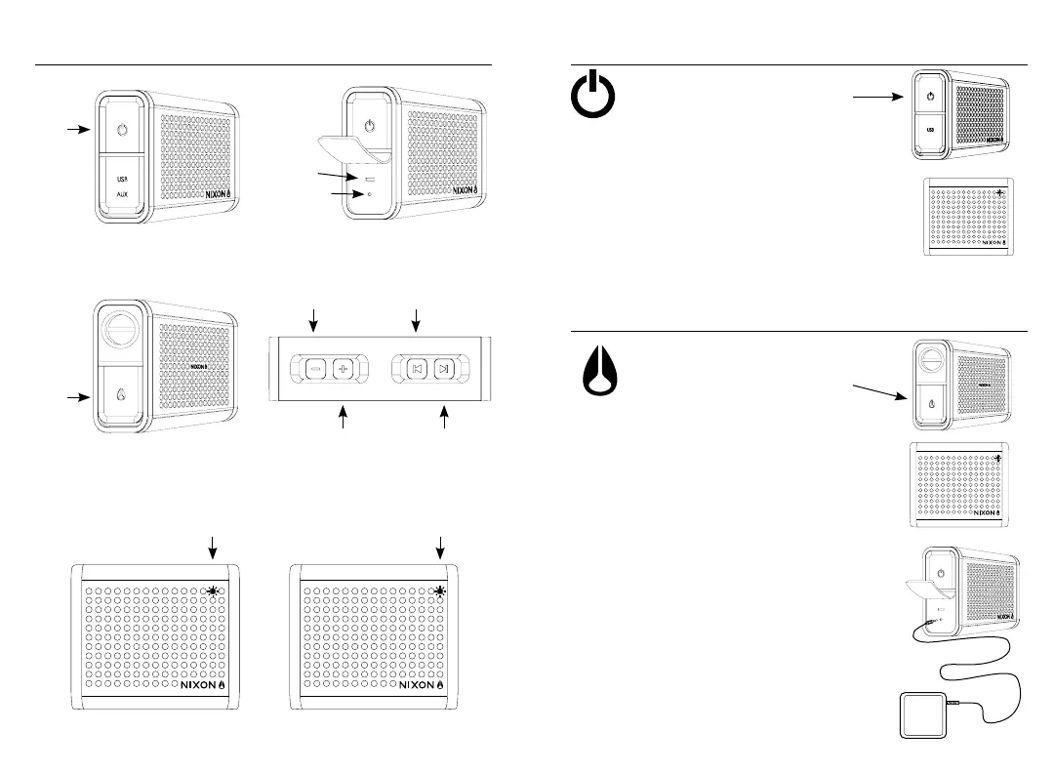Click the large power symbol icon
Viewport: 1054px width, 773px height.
[x=593, y=100]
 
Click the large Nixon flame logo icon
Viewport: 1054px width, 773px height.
[x=595, y=374]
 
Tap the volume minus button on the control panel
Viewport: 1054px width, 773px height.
[x=316, y=369]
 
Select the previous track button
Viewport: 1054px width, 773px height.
[x=417, y=369]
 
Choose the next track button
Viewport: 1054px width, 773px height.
[x=444, y=369]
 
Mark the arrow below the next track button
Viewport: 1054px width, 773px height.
[x=445, y=417]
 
